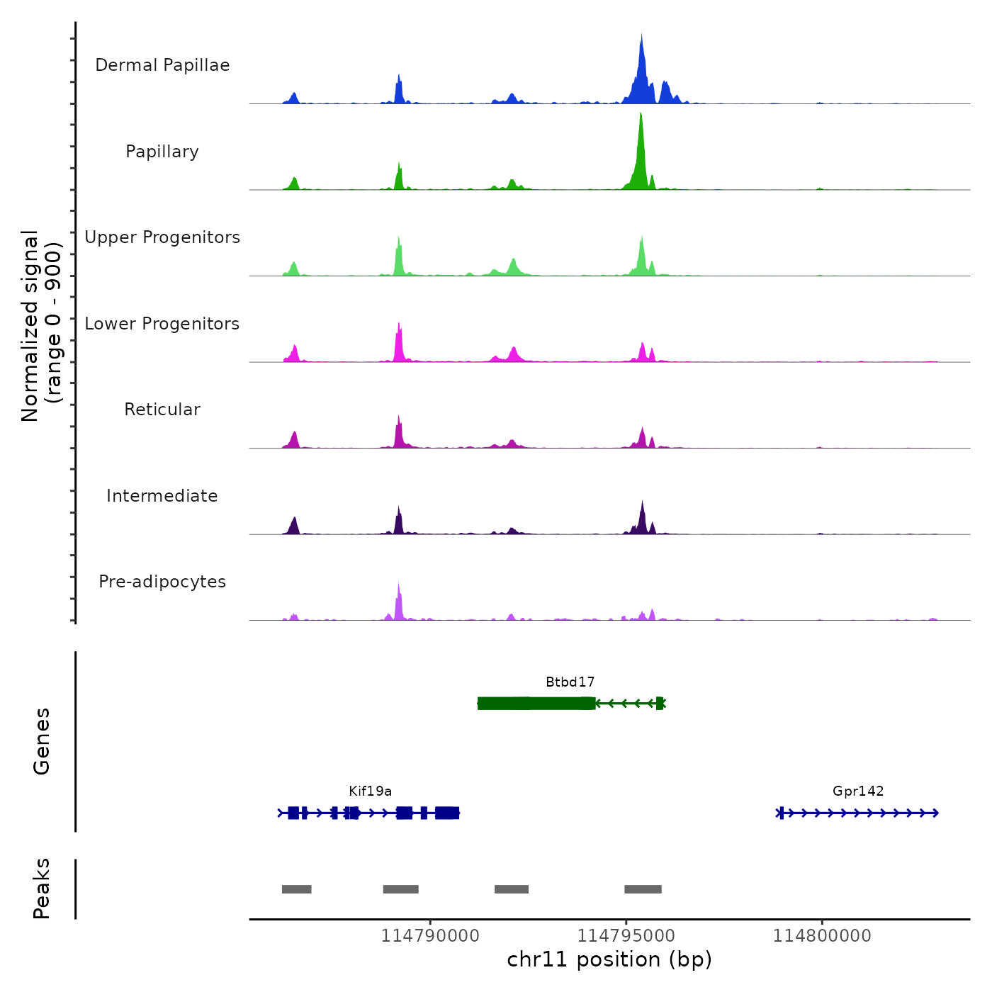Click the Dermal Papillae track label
pos(162,65)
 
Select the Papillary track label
pos(162,152)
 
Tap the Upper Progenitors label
pos(162,237)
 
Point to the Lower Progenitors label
pos(162,324)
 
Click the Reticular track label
pos(162,410)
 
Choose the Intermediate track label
pos(162,496)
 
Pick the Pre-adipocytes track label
pos(162,582)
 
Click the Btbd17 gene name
pos(570,682)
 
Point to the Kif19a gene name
pos(370,791)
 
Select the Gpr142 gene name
pos(858,791)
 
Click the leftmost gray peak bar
pos(296,889)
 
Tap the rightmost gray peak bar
pos(643,889)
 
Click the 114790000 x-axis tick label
pos(430,936)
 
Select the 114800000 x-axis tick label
pos(822,936)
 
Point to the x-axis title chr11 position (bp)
pos(609,959)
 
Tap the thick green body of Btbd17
pos(536,703)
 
